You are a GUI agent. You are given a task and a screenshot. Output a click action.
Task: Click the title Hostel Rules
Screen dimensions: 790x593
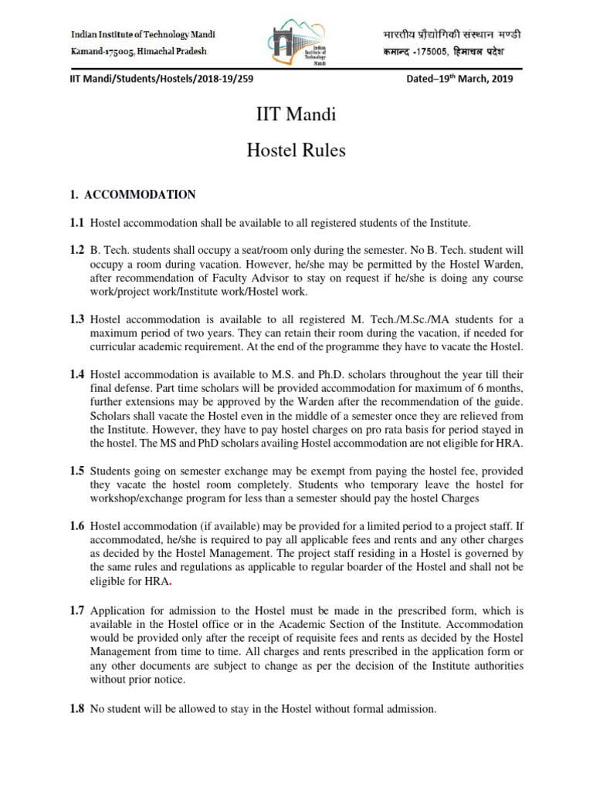coord(296,150)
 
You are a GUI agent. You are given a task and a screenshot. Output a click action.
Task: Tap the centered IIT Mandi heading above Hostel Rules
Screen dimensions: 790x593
coord(296,116)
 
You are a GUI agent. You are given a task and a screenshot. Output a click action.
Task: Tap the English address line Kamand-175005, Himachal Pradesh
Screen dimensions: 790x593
coord(139,51)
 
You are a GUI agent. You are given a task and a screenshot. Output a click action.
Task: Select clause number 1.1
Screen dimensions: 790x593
coord(76,223)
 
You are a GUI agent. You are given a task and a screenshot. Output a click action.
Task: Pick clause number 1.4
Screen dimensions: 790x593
coord(76,373)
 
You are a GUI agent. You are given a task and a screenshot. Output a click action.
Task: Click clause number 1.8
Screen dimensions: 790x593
coord(76,709)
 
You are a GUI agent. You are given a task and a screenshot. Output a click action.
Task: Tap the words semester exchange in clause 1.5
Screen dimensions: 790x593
coord(204,471)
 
